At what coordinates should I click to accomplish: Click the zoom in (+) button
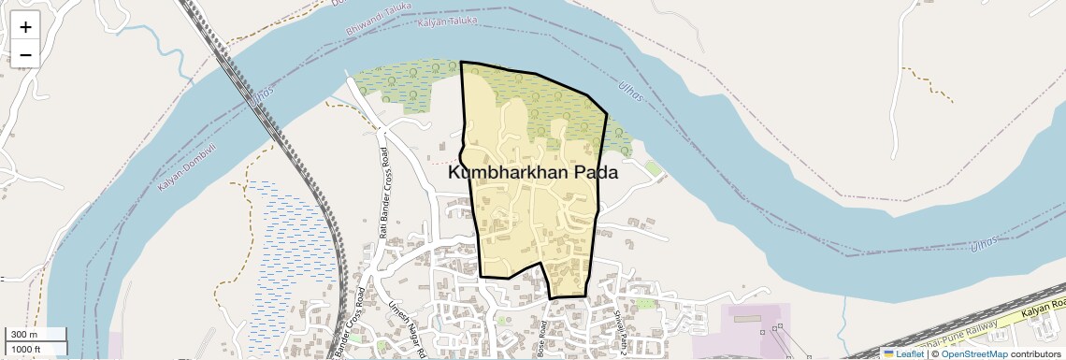[x=25, y=27]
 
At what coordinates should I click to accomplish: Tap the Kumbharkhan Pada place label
[x=533, y=172]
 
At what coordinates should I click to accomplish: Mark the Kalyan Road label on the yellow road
[x=1044, y=309]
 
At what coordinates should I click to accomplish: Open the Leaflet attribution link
[x=909, y=353]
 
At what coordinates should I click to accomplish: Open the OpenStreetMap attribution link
[x=973, y=353]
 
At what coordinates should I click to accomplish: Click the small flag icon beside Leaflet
[x=888, y=353]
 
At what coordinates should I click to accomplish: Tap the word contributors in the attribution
[x=1035, y=353]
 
